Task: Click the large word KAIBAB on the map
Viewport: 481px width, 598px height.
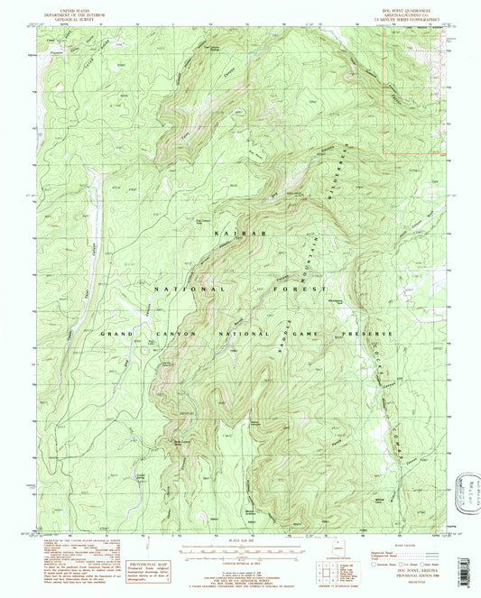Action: [231, 234]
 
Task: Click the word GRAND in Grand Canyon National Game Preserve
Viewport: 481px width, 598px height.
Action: [120, 334]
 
